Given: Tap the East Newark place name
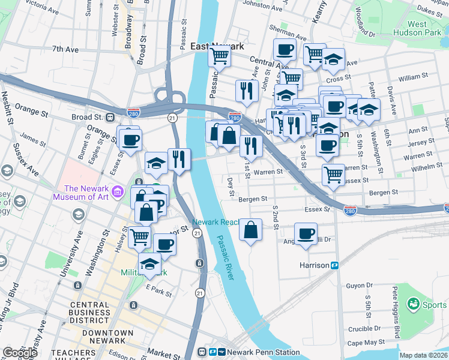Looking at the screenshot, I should click(217, 46).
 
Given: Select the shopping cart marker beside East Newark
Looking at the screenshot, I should click(220, 56).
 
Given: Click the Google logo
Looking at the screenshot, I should click(20, 352).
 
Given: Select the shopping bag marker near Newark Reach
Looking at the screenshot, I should click(251, 229).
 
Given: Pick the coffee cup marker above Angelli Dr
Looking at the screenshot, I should click(306, 233).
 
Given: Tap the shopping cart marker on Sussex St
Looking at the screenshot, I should click(333, 175).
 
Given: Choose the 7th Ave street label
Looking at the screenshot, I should click(65, 49).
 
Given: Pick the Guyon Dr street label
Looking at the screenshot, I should click(360, 286).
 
